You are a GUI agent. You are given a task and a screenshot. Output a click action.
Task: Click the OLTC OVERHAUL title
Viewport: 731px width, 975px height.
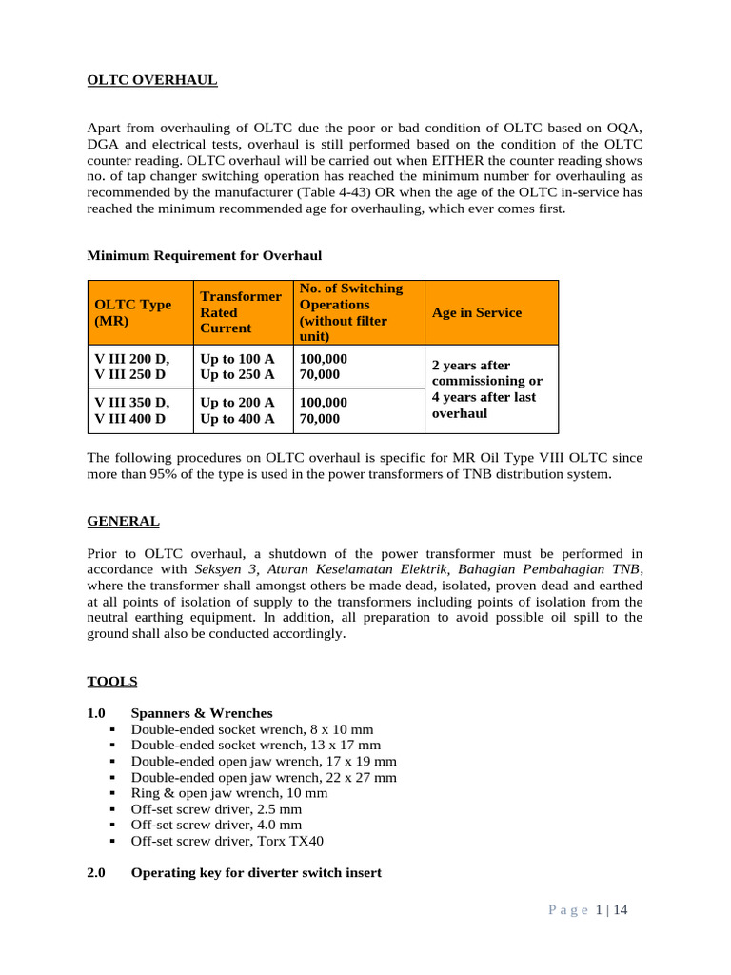tap(152, 80)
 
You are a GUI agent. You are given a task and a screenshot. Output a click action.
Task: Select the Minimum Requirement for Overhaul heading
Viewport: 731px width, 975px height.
tap(205, 255)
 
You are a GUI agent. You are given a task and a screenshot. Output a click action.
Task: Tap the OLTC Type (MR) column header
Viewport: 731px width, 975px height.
tap(132, 312)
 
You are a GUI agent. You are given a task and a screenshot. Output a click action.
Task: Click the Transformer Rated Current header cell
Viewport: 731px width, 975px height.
tap(240, 312)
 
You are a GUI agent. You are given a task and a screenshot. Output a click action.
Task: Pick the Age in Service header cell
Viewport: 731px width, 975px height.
tap(477, 312)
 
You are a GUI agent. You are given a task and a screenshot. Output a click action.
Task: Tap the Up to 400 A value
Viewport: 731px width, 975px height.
tap(237, 418)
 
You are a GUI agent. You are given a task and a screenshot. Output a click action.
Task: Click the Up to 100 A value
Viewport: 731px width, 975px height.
tap(237, 358)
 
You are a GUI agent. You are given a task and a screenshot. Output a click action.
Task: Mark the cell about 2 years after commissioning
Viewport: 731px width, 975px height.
tap(487, 388)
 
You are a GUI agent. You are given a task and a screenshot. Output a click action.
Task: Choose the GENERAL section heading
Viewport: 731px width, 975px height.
tap(124, 522)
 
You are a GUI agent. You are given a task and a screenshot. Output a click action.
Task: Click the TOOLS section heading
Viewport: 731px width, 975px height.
tap(112, 681)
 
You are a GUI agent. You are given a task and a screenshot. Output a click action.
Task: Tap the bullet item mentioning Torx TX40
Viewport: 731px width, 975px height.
tap(220, 842)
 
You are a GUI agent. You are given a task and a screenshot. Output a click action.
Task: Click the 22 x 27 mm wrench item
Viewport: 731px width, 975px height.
tap(264, 777)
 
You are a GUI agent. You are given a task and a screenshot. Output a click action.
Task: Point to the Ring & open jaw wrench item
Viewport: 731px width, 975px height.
tap(229, 793)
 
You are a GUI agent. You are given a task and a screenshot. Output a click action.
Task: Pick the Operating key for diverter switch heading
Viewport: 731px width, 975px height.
tap(256, 872)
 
